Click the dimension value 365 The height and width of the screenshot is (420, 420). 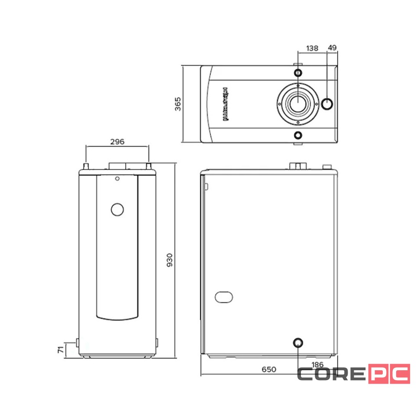(x=178, y=104)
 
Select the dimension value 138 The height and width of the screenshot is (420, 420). (x=312, y=48)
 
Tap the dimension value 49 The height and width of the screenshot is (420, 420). (x=333, y=48)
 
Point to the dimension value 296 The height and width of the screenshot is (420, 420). (x=117, y=142)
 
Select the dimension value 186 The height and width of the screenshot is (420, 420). (x=317, y=365)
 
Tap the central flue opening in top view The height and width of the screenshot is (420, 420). (x=298, y=104)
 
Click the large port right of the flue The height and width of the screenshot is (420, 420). (x=327, y=104)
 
